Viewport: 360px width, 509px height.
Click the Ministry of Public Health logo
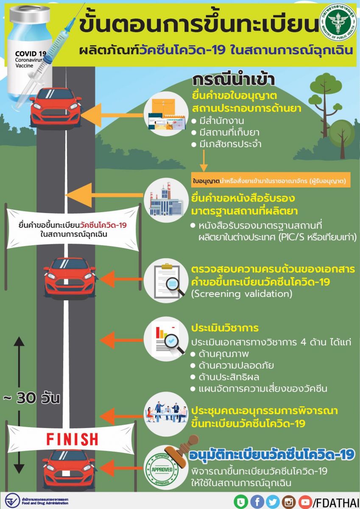coord(338,22)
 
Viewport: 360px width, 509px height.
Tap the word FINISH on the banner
coord(72,439)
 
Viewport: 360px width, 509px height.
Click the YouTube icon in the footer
coord(304,502)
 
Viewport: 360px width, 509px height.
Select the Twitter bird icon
coord(273,502)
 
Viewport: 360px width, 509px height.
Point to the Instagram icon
coord(289,502)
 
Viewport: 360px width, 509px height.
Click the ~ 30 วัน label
coord(32,399)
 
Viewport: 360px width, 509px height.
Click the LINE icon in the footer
coord(240,502)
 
